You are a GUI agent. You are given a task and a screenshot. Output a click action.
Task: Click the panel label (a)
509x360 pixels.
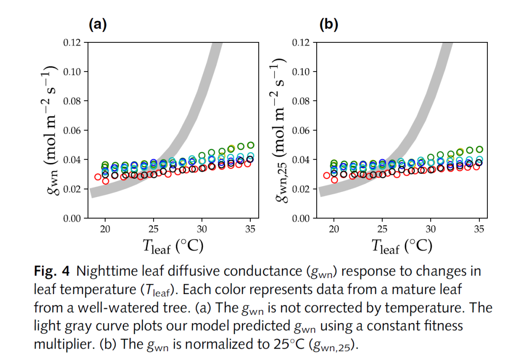(99, 25)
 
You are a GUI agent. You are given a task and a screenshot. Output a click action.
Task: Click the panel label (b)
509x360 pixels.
(328, 25)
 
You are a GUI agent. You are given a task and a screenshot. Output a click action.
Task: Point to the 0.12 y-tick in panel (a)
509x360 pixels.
(72, 42)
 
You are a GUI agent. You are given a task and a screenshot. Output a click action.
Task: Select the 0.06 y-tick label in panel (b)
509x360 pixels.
(302, 131)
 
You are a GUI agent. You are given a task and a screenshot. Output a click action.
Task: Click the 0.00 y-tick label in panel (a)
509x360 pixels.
(72, 218)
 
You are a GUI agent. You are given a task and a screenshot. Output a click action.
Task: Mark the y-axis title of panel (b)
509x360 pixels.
(281, 131)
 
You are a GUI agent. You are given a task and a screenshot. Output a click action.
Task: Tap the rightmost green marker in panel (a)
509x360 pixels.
(251, 145)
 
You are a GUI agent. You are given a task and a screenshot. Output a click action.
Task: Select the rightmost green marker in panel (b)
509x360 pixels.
(480, 149)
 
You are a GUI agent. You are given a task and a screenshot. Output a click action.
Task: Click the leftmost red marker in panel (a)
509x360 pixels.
(98, 177)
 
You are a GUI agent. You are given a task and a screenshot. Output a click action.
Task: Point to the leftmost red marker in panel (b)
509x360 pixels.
(327, 175)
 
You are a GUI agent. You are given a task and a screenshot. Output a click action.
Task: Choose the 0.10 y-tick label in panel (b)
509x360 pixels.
(302, 72)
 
